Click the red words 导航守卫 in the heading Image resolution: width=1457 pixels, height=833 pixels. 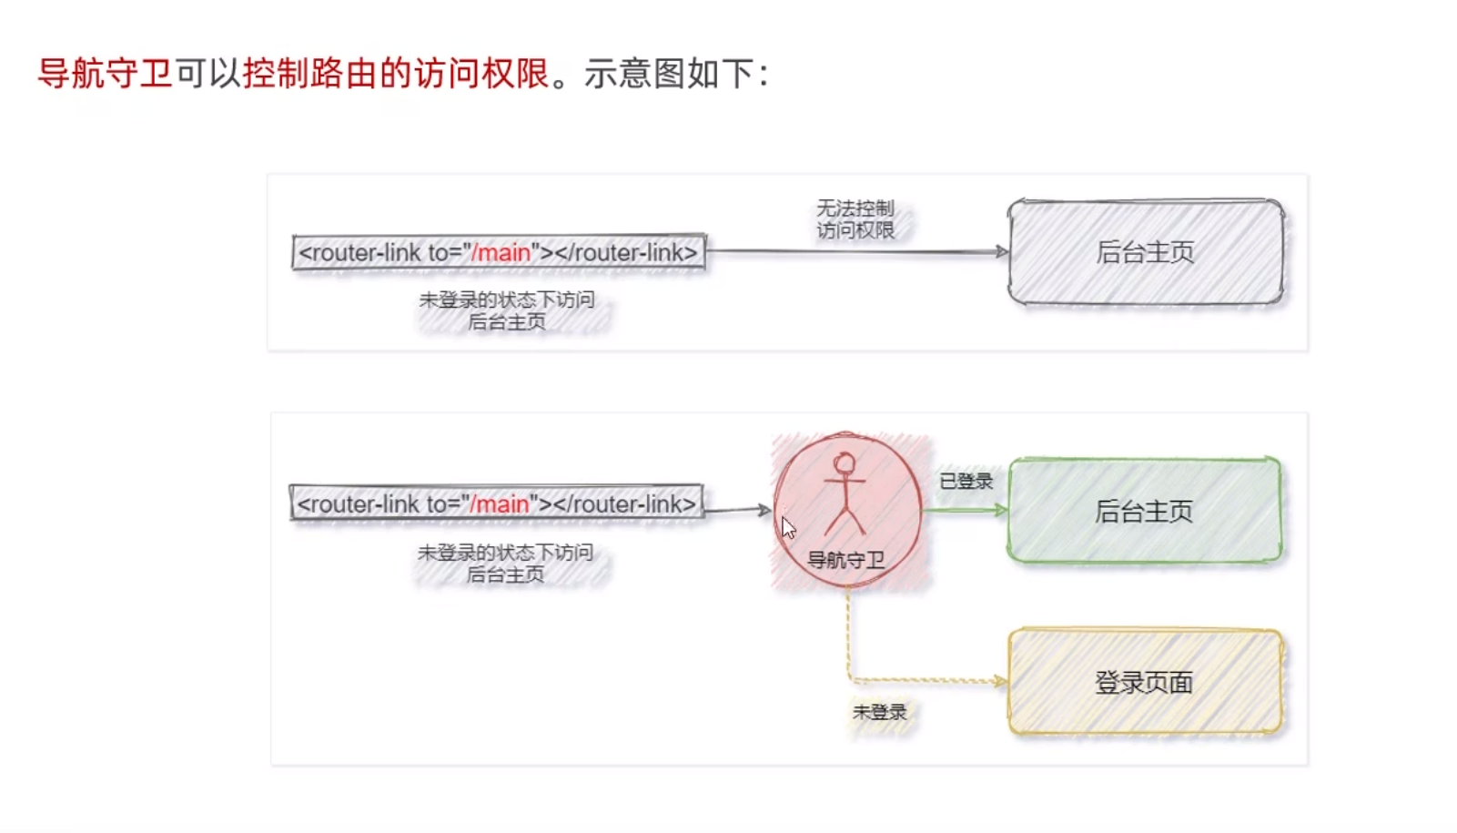tap(105, 74)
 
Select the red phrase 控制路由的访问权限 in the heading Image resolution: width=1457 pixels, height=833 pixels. tap(396, 74)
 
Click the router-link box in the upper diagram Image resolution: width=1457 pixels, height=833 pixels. tap(499, 252)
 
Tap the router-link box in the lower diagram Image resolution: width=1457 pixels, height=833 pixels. tap(497, 503)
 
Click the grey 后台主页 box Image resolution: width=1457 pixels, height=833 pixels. tap(1145, 252)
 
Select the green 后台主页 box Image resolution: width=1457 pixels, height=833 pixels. tap(1144, 511)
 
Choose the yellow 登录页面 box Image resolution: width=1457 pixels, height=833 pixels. tap(1144, 682)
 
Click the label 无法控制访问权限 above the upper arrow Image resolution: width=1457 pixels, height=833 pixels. tap(855, 219)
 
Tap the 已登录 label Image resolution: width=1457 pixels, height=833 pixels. tap(966, 481)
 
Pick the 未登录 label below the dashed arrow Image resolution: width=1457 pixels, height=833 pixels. tap(879, 712)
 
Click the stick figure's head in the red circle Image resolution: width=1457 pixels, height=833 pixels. tap(845, 464)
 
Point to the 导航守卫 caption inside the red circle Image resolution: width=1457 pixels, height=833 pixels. tap(845, 560)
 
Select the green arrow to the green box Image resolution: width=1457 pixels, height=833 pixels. tap(965, 510)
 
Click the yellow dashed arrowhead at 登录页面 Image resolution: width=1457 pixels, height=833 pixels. tap(1001, 681)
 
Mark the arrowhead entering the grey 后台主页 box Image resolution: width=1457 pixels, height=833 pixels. tap(1002, 251)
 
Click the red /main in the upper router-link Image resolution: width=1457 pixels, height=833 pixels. tap(501, 252)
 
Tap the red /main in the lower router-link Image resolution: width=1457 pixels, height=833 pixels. tap(500, 503)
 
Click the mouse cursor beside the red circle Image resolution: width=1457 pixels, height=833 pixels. tap(788, 528)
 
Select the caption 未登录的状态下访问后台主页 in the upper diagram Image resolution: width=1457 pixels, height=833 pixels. tap(507, 310)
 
